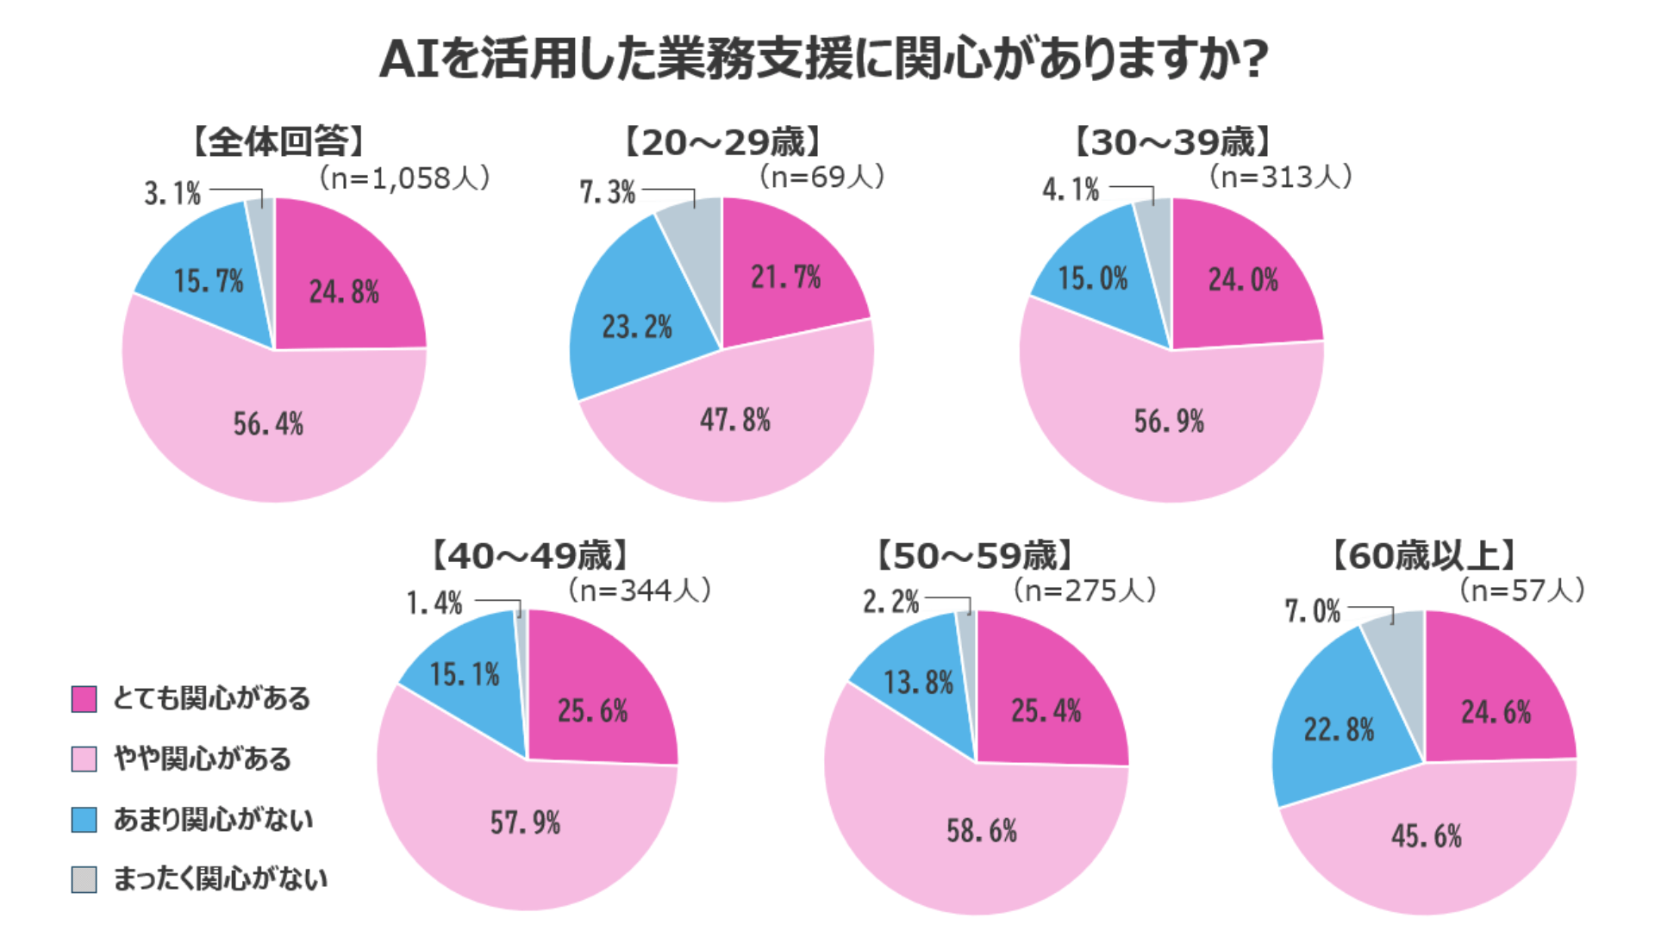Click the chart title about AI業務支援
click(824, 59)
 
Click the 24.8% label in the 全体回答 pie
click(344, 291)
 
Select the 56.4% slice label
click(268, 423)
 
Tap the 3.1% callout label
click(172, 193)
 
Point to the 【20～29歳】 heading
click(722, 142)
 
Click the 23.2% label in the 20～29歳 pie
click(636, 327)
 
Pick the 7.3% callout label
click(607, 191)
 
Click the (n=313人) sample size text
click(1280, 177)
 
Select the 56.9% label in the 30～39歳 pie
click(1168, 421)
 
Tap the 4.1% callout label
click(1071, 189)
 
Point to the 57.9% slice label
click(525, 822)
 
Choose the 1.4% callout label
click(434, 603)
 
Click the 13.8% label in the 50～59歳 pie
click(918, 683)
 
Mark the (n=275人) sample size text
click(1084, 590)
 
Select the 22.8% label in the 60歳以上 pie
click(1339, 729)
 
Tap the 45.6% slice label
click(1427, 835)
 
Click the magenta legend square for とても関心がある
click(84, 699)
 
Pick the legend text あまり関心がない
click(213, 819)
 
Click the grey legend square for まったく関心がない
click(84, 879)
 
